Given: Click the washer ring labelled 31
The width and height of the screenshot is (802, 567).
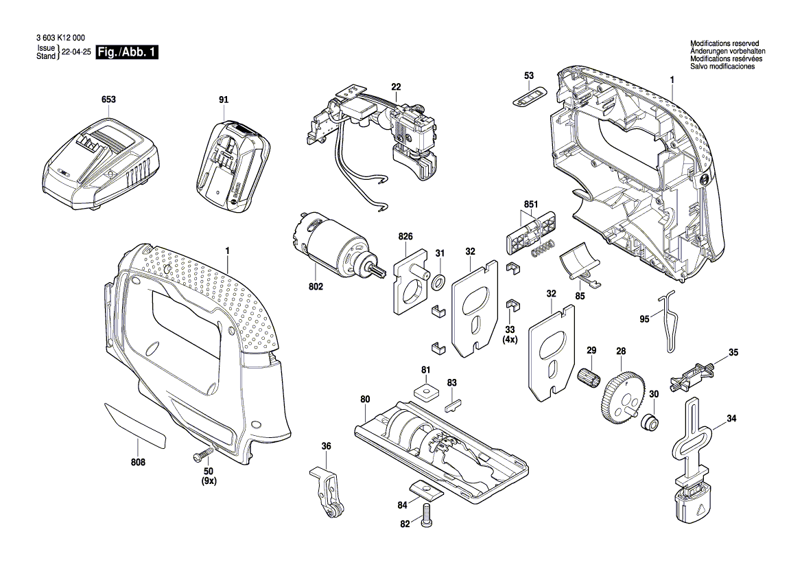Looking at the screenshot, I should (x=440, y=280).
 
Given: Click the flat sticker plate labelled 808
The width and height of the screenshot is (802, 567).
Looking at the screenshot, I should (x=136, y=426).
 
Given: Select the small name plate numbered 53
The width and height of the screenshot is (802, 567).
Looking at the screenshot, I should (x=530, y=96).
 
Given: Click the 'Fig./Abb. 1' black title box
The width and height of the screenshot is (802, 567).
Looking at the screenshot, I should (x=128, y=53).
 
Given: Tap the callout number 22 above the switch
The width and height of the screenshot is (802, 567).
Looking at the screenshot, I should (x=396, y=86).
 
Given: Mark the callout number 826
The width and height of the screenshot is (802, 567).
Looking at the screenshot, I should (x=405, y=237).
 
